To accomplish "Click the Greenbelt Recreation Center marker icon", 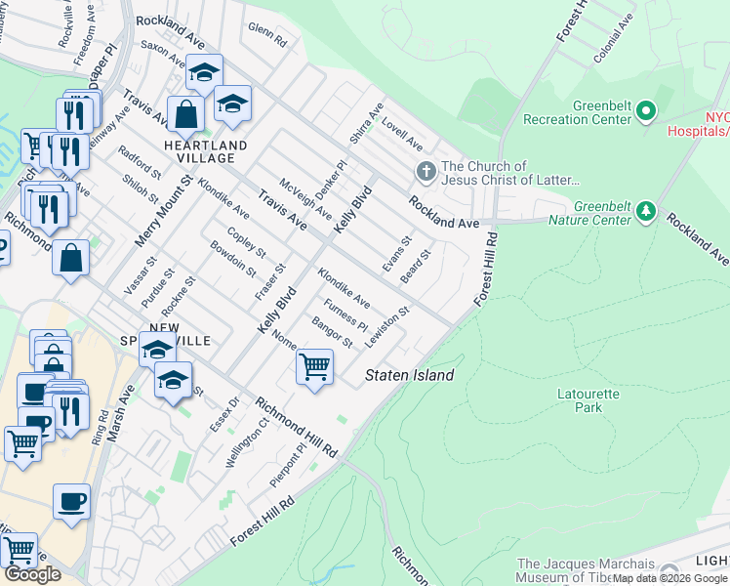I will tap(645, 113).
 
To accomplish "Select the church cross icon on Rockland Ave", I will tap(425, 173).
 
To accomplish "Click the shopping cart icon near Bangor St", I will tap(314, 367).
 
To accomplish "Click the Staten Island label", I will tap(409, 375).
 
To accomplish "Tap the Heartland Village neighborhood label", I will tap(199, 151).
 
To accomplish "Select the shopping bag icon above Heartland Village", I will tap(184, 113).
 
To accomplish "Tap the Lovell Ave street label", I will tap(402, 136).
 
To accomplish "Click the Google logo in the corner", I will tap(32, 574).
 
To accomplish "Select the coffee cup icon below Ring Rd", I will tap(71, 502).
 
